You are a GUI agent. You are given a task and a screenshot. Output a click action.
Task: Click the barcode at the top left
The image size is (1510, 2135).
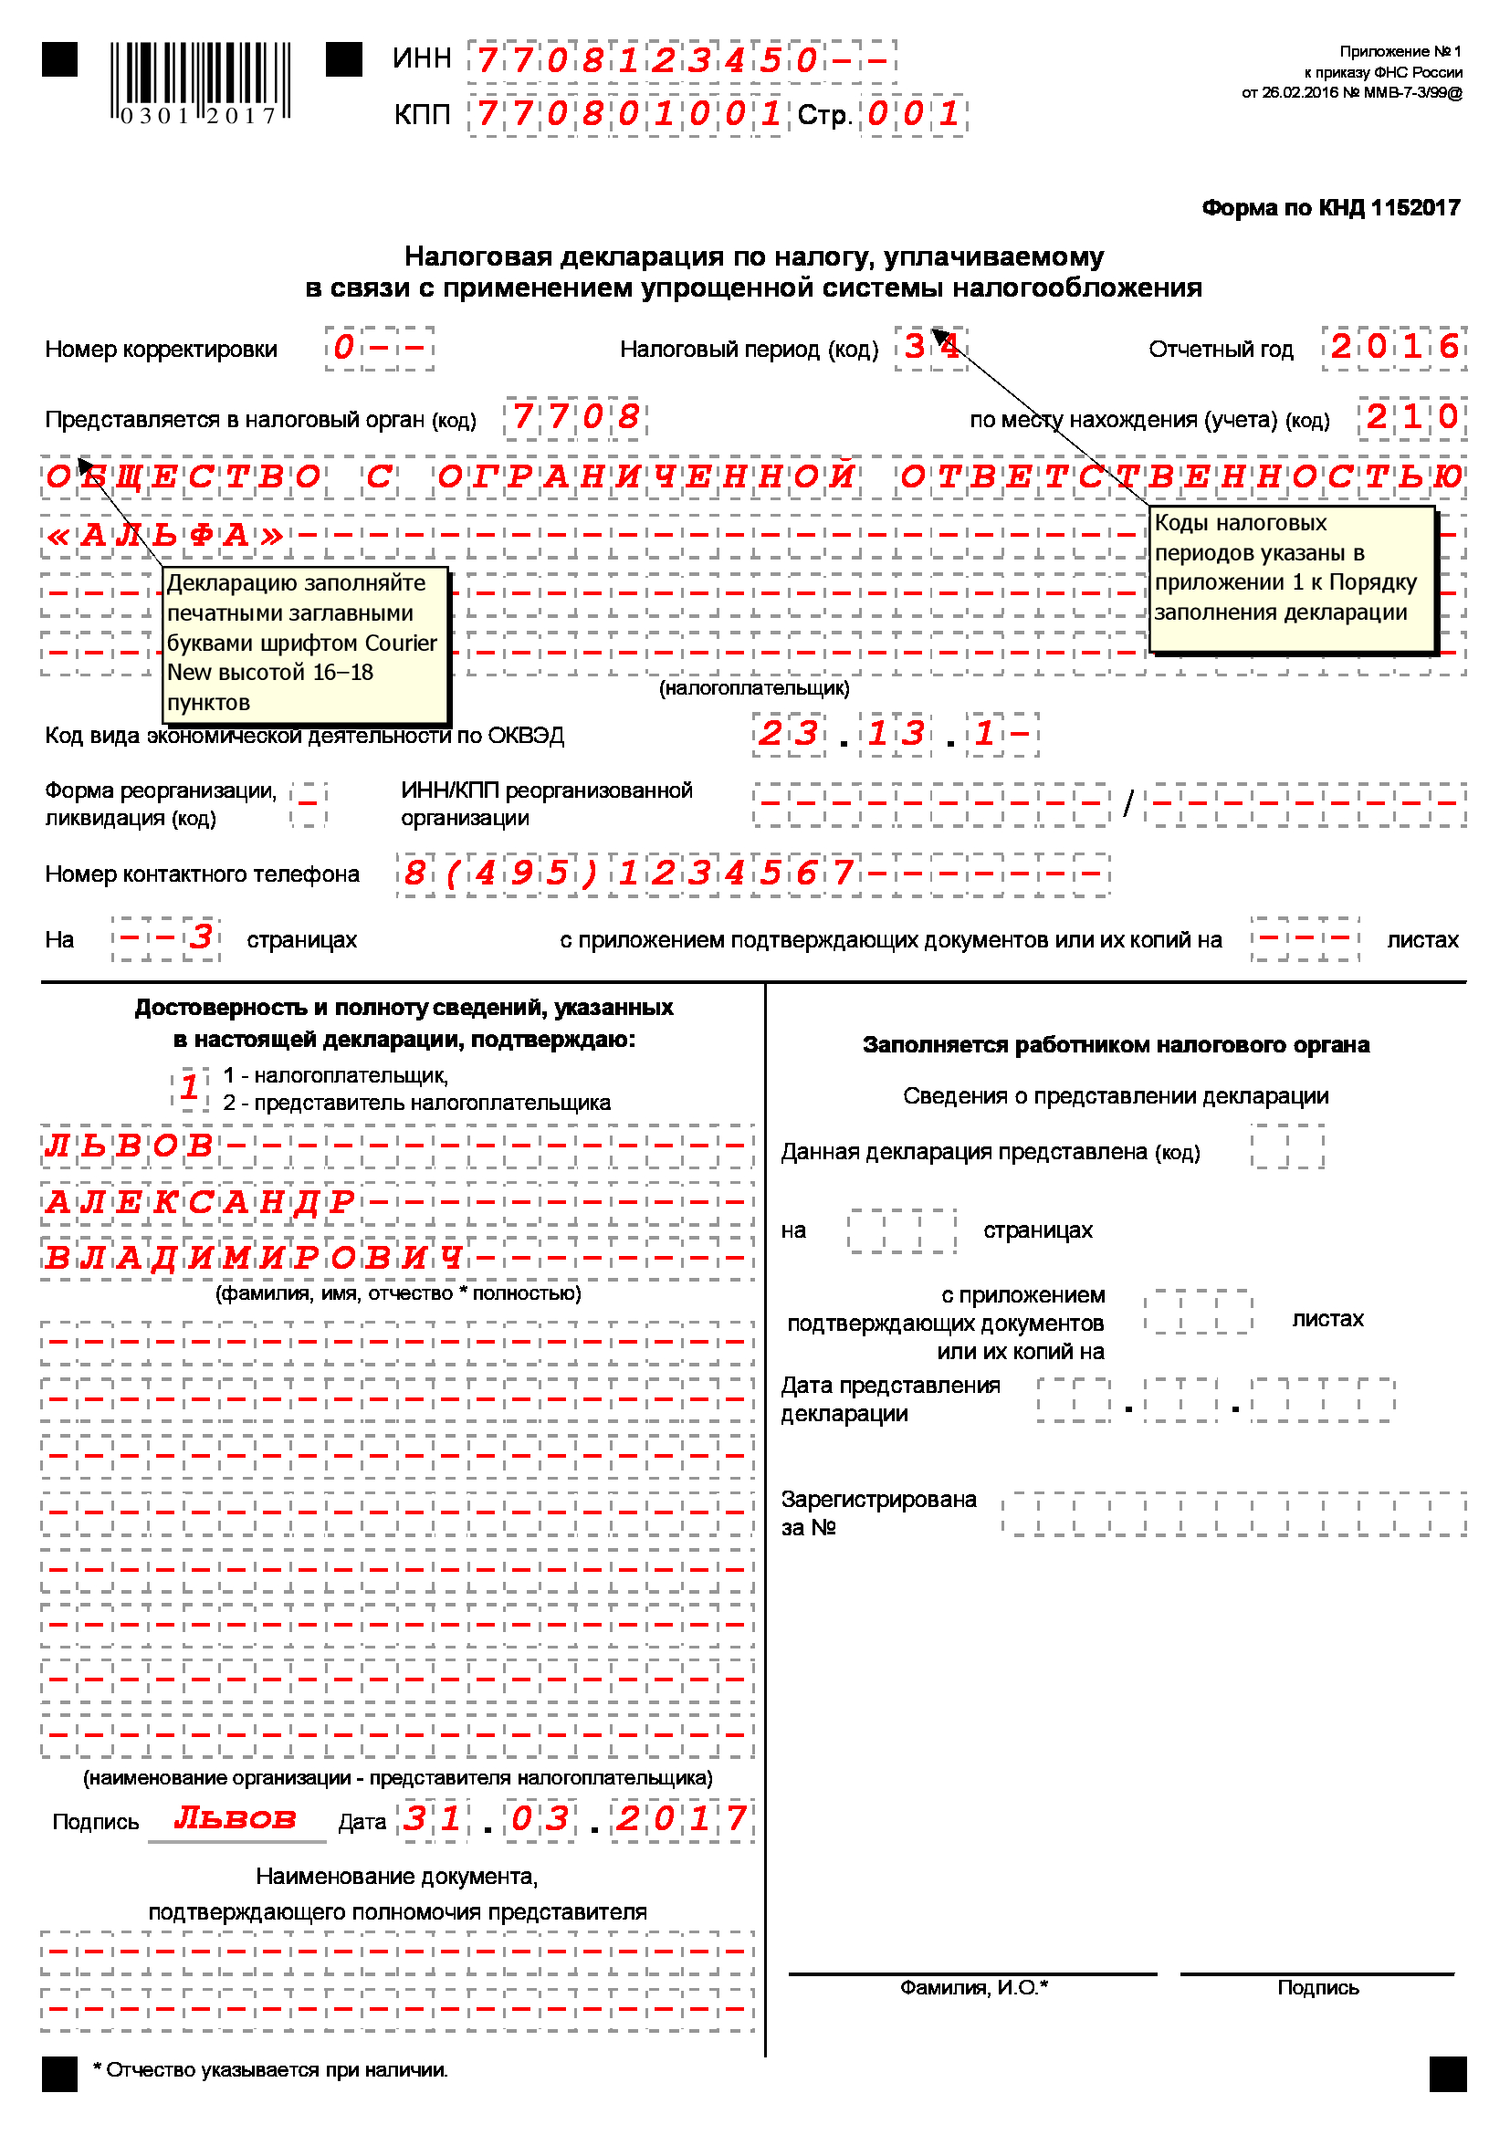200,81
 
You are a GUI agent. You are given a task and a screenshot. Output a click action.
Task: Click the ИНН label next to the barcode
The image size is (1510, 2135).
421,58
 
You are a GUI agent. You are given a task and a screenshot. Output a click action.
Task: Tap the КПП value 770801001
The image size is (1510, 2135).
627,114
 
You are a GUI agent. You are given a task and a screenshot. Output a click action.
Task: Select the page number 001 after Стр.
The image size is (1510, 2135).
914,114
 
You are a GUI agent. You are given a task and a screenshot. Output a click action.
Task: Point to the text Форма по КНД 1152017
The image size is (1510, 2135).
1330,207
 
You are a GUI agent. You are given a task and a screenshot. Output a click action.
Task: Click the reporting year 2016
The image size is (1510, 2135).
1394,347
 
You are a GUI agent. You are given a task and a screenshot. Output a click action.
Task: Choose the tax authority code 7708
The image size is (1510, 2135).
575,416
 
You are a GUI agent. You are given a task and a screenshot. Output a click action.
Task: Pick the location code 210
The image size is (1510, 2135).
1411,416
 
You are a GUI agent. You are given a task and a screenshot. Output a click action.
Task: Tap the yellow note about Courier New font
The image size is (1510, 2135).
305,644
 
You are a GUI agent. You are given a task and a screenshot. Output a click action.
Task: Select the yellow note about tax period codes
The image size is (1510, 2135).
1292,579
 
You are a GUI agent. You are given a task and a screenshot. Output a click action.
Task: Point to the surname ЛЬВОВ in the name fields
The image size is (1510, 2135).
130,1146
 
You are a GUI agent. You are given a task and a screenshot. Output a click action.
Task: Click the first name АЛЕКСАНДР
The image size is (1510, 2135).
200,1201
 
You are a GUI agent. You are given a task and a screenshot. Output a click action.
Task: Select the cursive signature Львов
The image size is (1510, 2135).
236,1818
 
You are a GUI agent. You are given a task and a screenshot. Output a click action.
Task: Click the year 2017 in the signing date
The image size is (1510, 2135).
682,1818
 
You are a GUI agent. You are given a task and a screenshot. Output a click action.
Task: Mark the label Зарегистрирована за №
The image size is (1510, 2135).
877,1512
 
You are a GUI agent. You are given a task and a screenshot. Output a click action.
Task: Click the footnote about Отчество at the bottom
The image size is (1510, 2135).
270,2070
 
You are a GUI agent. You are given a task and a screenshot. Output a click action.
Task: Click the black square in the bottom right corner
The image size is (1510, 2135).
1447,2074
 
